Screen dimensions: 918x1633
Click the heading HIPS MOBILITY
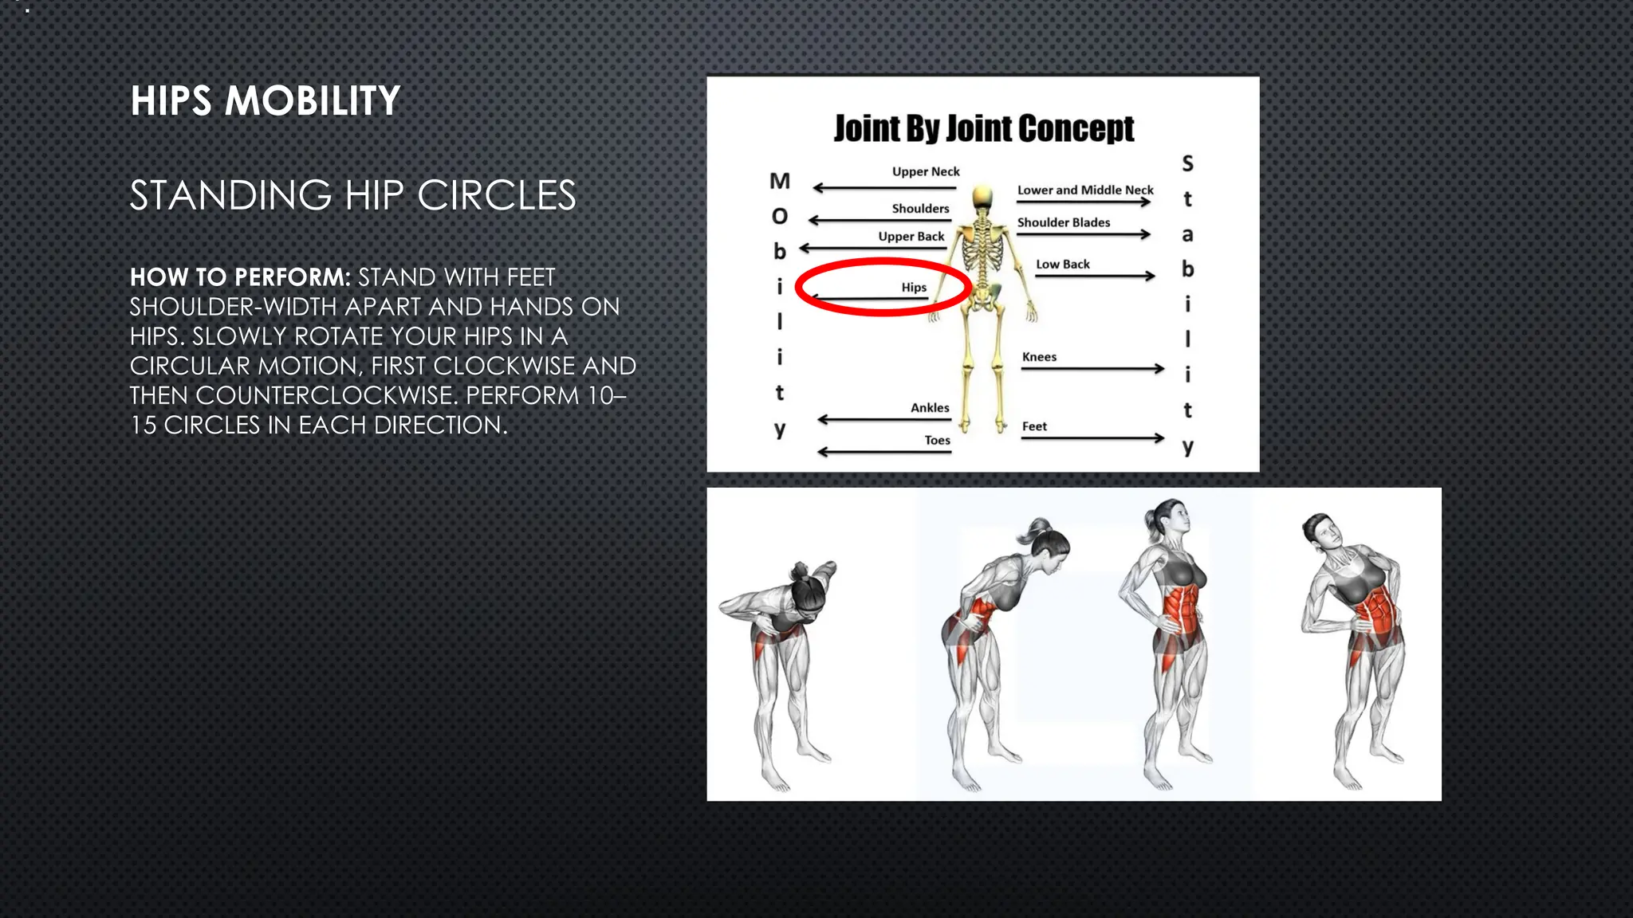pyautogui.click(x=265, y=101)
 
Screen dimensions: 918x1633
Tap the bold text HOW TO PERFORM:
pyautogui.click(x=240, y=277)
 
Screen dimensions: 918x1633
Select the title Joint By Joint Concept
pyautogui.click(x=983, y=128)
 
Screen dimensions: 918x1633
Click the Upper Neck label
pyautogui.click(x=925, y=171)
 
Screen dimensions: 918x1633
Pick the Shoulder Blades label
pyautogui.click(x=1063, y=222)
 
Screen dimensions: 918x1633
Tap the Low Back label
pyautogui.click(x=1062, y=264)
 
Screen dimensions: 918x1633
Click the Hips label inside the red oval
pyautogui.click(x=914, y=287)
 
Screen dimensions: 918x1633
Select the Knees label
pyautogui.click(x=1039, y=357)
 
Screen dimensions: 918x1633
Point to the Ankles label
pyautogui.click(x=930, y=407)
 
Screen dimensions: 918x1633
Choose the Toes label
pyautogui.click(x=937, y=440)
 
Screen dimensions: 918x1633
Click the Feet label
pyautogui.click(x=1034, y=426)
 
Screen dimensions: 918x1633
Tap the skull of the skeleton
pyautogui.click(x=982, y=197)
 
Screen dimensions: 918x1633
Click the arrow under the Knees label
pyautogui.click(x=1092, y=369)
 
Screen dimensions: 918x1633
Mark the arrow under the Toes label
pyautogui.click(x=884, y=453)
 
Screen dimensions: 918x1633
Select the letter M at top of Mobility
pyautogui.click(x=779, y=181)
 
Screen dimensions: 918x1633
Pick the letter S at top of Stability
pyautogui.click(x=1187, y=163)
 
